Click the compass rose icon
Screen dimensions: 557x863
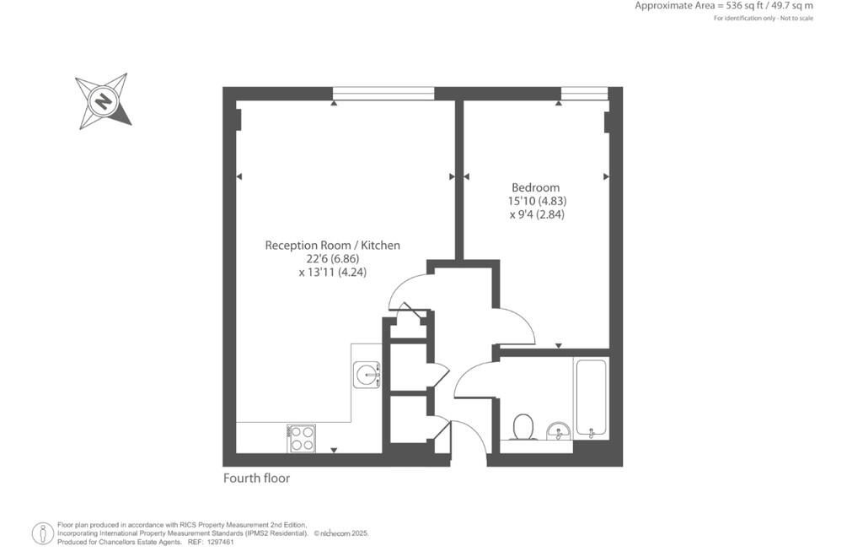click(103, 101)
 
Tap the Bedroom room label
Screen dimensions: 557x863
click(535, 187)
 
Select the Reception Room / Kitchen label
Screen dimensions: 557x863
click(332, 246)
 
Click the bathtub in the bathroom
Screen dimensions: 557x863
click(590, 398)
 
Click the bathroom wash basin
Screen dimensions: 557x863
click(557, 432)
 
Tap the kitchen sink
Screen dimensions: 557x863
click(367, 374)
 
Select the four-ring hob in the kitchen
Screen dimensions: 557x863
click(302, 438)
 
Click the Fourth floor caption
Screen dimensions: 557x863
click(256, 479)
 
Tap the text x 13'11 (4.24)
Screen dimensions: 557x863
click(332, 273)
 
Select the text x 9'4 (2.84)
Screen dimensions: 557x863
click(536, 214)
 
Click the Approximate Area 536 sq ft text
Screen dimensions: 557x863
click(723, 6)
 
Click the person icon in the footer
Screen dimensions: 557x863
click(42, 533)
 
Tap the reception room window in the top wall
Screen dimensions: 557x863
click(383, 94)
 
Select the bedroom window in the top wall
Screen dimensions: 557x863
click(584, 94)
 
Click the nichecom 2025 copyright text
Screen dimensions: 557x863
click(341, 533)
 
